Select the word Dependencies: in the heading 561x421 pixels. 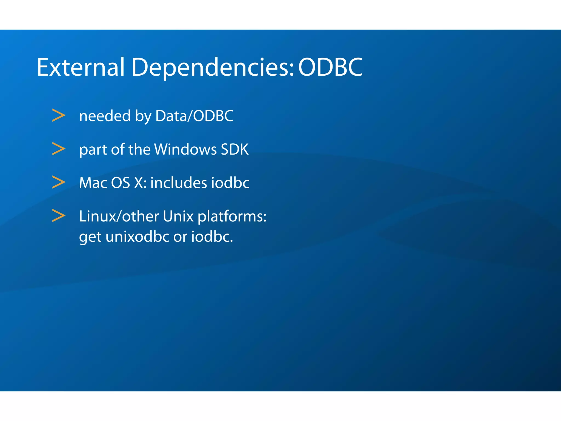[213, 67]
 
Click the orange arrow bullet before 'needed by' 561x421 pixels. [59, 115]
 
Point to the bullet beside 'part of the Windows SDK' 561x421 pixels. [59, 149]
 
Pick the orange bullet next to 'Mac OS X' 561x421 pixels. [59, 182]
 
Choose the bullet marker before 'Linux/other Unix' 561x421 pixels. [59, 216]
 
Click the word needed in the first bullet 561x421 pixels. [105, 116]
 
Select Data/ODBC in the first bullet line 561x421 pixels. [194, 116]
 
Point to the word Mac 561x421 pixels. [93, 183]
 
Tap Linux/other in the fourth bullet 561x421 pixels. [119, 216]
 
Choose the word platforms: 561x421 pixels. [232, 217]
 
